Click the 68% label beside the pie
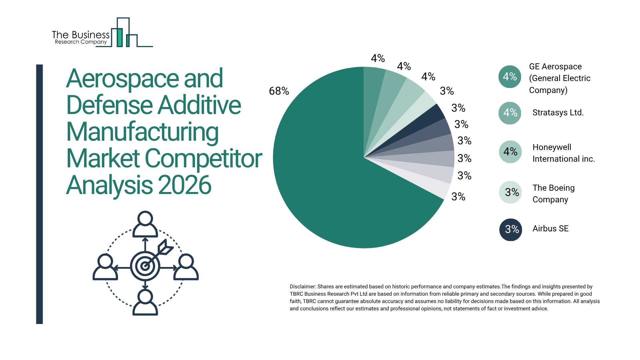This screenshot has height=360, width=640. coord(279,91)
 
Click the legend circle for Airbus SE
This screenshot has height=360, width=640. coord(510,229)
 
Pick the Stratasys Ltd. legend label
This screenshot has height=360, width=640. coord(558,113)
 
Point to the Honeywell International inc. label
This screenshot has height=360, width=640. coord(563,153)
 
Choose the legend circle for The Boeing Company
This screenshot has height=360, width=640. coord(510,192)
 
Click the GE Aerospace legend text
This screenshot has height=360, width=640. coord(559,78)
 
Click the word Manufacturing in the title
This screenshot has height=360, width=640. coord(142,132)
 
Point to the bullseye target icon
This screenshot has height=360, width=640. coord(145,266)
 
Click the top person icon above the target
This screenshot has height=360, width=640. coord(145,224)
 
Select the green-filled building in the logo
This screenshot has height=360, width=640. coord(119,37)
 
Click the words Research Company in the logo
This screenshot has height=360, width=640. coord(81,42)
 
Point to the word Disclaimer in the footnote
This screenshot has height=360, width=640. coord(302,287)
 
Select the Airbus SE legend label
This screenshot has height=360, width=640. coord(550,229)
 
